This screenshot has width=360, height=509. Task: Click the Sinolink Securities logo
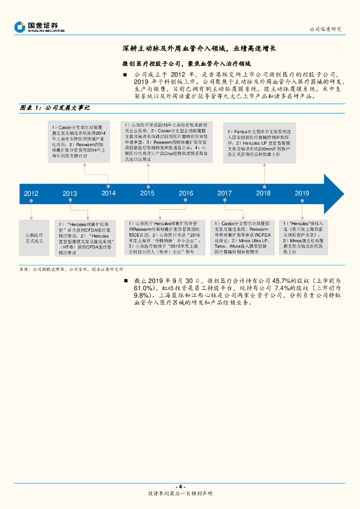tap(40, 27)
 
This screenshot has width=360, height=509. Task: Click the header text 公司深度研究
tap(325, 29)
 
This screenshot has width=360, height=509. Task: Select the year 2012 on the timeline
tap(31, 194)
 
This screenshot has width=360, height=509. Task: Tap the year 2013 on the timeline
tap(70, 194)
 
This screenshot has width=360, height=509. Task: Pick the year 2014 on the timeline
tap(108, 193)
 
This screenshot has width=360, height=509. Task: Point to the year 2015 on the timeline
tap(147, 193)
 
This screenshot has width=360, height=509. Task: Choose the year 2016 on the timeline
tap(186, 193)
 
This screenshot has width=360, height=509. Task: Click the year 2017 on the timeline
tap(224, 193)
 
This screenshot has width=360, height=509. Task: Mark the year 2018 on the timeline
tap(263, 193)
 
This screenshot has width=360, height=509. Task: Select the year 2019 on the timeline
tap(302, 193)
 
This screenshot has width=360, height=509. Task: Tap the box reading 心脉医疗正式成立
tap(34, 238)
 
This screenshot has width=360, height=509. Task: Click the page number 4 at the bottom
tap(180, 486)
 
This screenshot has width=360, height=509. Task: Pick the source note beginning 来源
tap(71, 269)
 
